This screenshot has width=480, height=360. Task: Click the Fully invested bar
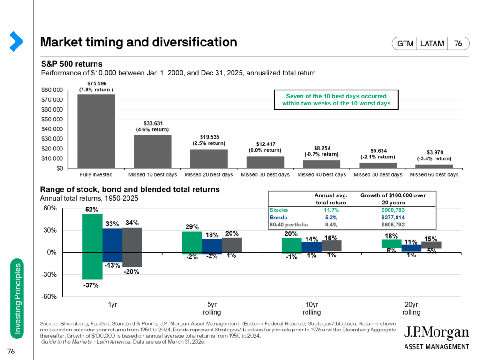96,131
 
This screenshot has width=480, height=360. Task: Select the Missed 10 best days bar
152,151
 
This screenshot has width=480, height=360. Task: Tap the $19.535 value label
210,137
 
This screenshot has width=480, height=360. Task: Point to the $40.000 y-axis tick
52,129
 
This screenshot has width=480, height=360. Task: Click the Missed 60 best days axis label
434,174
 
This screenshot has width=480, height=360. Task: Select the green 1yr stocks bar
92,247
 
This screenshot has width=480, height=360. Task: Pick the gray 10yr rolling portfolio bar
331,246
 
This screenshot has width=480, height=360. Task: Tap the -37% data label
91,285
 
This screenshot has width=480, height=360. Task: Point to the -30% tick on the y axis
49,274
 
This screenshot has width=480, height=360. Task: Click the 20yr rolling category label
411,308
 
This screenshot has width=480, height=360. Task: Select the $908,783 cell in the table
393,210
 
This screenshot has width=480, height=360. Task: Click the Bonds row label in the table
278,217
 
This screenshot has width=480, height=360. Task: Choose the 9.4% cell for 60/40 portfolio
330,225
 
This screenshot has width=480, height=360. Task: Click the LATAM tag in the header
432,44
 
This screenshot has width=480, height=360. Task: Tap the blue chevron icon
16,41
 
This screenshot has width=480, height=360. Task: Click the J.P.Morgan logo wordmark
436,332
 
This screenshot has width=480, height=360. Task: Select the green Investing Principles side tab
17,299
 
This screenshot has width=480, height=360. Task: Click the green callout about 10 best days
336,99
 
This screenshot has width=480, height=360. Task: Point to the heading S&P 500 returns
72,64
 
